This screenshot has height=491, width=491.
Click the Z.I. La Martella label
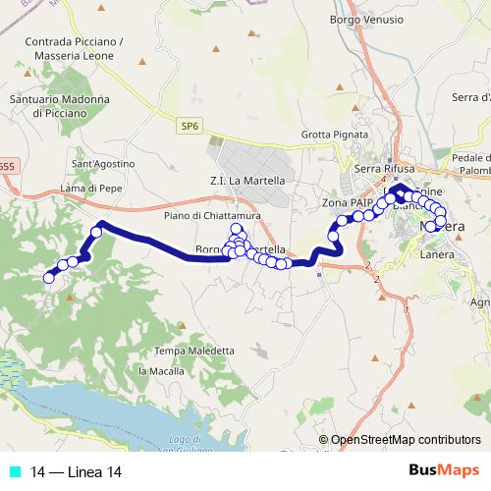(247, 181)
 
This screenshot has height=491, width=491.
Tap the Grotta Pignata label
(329, 135)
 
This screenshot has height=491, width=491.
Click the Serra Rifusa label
(381, 169)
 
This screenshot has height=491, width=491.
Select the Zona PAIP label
(345, 202)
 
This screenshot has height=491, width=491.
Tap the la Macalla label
(160, 370)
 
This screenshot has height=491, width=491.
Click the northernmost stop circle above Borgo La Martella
(236, 230)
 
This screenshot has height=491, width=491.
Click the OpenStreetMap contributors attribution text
(406, 440)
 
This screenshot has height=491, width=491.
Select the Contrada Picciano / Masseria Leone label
(76, 49)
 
